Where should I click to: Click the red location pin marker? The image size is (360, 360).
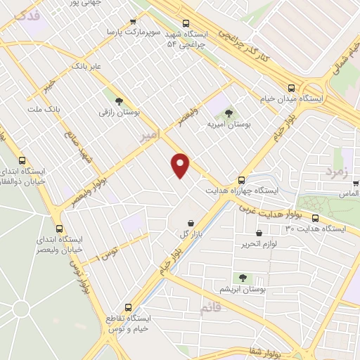tap(181, 165)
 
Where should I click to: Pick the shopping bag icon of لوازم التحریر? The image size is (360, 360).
tap(259, 233)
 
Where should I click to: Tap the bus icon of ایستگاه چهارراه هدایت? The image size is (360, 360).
tap(241, 179)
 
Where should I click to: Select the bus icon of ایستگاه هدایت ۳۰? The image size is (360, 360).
tap(316, 217)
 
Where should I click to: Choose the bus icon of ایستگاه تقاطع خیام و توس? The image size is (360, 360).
tap(128, 307)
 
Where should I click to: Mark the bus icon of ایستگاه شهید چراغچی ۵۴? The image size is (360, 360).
tap(185, 22)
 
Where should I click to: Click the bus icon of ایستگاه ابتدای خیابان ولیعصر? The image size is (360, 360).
tap(58, 229)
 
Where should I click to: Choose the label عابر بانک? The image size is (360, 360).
tap(87, 65)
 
